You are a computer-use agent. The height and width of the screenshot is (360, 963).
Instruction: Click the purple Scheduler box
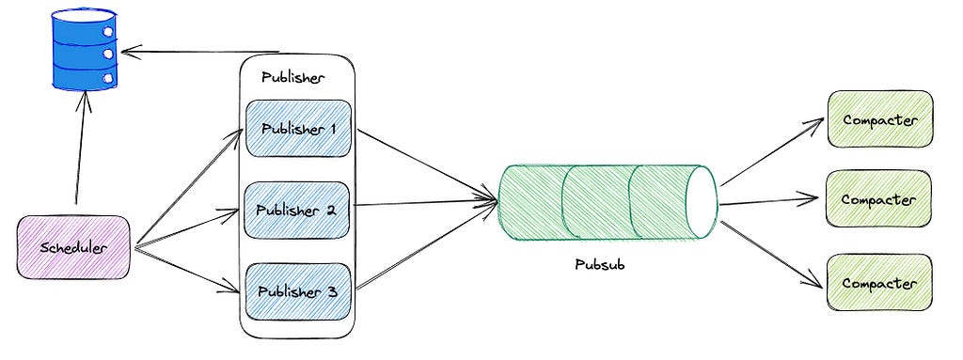[73, 247]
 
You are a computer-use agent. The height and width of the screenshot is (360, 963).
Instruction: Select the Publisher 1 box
[298, 129]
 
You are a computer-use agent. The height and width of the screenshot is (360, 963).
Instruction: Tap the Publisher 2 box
[298, 211]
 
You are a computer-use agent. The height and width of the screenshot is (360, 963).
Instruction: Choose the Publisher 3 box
[298, 291]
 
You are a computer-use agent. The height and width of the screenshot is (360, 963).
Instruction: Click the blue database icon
[84, 48]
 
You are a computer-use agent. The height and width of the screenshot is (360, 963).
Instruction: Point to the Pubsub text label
[599, 265]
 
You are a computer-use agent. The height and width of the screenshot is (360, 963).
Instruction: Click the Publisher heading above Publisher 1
[293, 78]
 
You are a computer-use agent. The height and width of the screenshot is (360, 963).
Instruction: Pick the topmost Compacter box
[880, 119]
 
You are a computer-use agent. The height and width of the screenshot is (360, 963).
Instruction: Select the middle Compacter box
[879, 199]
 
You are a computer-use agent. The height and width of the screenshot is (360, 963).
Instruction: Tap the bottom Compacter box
[879, 283]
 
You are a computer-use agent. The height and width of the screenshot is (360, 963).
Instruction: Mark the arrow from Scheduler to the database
[81, 149]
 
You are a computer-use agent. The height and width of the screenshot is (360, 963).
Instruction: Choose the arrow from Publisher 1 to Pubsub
[427, 164]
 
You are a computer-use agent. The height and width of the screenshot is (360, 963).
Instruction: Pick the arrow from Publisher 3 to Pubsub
[427, 244]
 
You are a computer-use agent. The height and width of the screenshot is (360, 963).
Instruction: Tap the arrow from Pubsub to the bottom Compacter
[771, 254]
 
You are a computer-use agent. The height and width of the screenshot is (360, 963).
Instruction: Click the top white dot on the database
[108, 31]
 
